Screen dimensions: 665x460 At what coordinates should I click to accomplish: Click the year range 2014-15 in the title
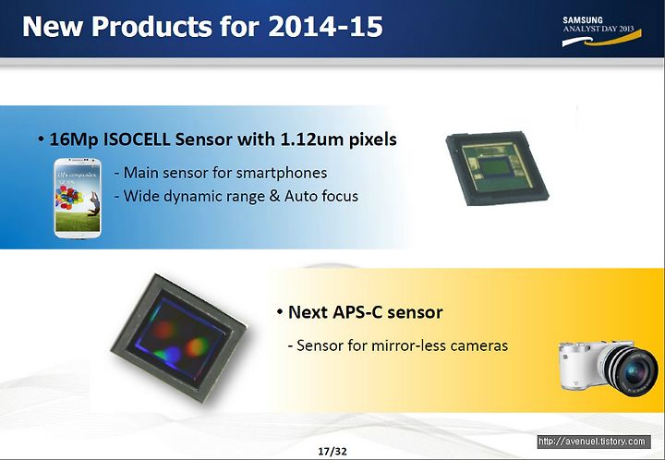(x=326, y=26)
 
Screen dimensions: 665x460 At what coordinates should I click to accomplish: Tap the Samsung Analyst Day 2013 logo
(x=601, y=31)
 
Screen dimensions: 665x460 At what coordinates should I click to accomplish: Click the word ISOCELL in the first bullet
(x=137, y=139)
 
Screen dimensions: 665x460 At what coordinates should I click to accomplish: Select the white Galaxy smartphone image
(x=78, y=198)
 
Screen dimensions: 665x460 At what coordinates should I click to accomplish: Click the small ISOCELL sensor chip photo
(x=497, y=168)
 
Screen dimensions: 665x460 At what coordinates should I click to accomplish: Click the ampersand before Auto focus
(x=275, y=196)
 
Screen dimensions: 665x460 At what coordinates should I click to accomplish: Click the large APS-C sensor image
(x=179, y=338)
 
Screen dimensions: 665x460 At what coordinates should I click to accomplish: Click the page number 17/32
(x=332, y=451)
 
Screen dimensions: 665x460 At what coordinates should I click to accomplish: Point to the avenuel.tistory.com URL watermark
(x=594, y=442)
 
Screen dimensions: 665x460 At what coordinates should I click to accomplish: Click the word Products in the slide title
(x=151, y=26)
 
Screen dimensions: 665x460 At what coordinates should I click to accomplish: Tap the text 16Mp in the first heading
(x=74, y=139)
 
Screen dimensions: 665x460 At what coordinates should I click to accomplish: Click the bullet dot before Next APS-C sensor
(x=280, y=312)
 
